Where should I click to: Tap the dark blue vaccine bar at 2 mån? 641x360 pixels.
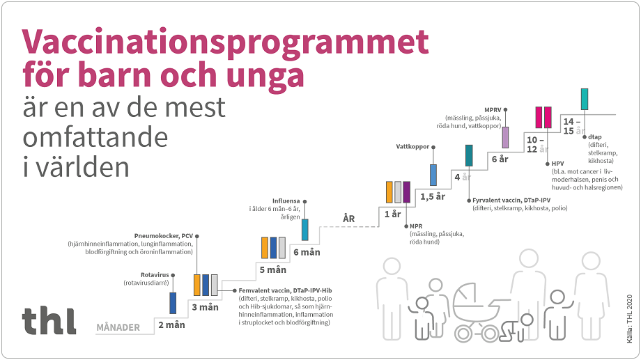pyautogui.click(x=173, y=303)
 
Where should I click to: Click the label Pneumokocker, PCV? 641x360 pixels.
pyautogui.click(x=163, y=235)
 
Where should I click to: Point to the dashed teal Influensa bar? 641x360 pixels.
pyautogui.click(x=304, y=229)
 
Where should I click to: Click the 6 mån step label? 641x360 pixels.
pyautogui.click(x=307, y=252)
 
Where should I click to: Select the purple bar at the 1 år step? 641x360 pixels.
pyautogui.click(x=407, y=191)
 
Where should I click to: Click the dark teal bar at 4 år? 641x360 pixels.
pyautogui.click(x=469, y=155)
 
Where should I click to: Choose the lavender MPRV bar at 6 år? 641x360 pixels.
pyautogui.click(x=505, y=136)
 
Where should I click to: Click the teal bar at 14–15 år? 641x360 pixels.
pyautogui.click(x=585, y=99)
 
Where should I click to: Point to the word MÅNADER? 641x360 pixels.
pyautogui.click(x=118, y=327)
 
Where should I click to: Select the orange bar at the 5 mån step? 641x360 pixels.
pyautogui.click(x=265, y=248)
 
